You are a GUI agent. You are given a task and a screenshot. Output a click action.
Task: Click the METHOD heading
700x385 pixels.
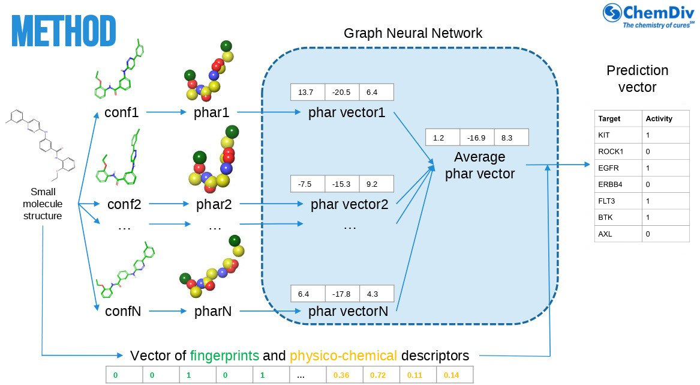tap(64, 31)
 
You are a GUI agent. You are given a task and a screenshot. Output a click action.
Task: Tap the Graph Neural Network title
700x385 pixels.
tap(413, 33)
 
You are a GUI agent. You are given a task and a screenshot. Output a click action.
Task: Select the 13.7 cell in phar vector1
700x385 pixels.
tap(307, 92)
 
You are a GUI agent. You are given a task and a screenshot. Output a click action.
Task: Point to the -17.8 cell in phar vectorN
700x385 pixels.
tap(341, 294)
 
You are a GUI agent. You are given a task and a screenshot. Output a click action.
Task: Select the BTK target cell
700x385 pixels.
tap(604, 217)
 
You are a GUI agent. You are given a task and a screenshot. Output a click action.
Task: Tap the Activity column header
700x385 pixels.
tap(659, 118)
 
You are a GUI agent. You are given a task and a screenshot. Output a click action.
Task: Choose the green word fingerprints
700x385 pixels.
tap(224, 355)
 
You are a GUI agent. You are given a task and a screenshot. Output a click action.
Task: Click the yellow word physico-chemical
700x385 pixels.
tap(343, 355)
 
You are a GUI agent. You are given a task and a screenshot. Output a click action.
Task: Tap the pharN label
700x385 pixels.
tap(214, 312)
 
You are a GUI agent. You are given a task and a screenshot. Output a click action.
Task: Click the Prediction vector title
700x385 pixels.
tap(637, 79)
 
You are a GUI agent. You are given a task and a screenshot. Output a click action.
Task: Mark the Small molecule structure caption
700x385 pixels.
tap(43, 204)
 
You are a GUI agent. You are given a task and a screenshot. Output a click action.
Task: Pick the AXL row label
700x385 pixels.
tap(604, 234)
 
